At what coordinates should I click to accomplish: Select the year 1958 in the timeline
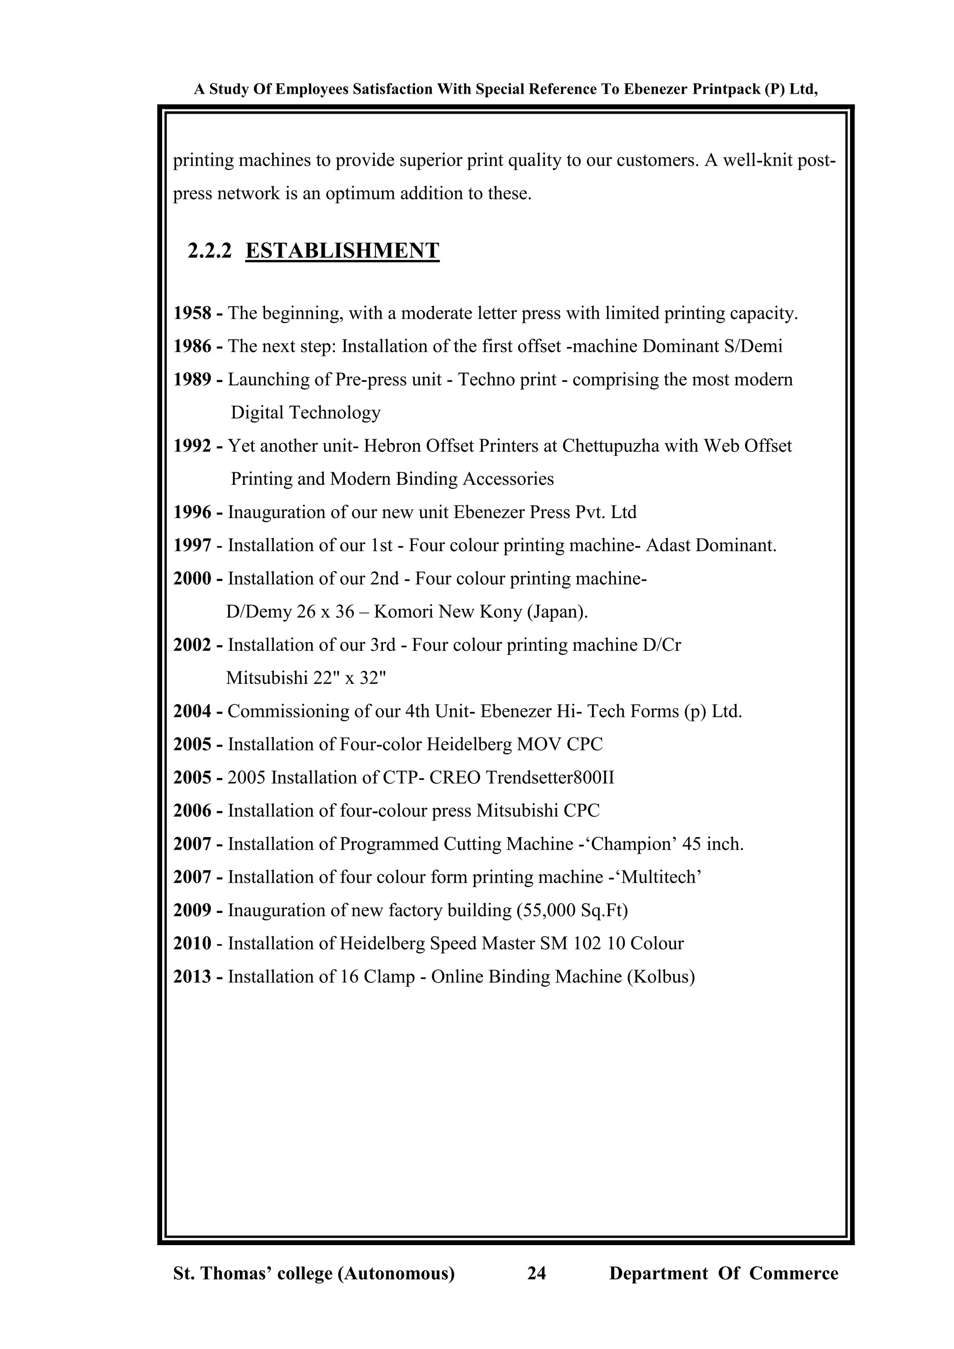click(x=192, y=313)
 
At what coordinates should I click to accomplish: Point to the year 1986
click(x=192, y=347)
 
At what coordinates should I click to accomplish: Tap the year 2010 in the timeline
click(x=192, y=944)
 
